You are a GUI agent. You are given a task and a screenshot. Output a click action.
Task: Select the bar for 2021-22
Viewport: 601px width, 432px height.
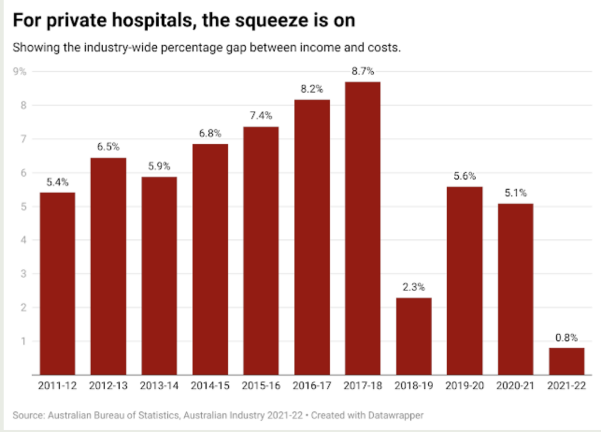point(567,361)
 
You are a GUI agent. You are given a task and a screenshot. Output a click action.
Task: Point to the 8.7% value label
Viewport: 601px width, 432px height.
point(363,72)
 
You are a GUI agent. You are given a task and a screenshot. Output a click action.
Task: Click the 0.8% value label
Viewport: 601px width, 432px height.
point(567,338)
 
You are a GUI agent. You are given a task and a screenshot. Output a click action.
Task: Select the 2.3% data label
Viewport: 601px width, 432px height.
point(414,288)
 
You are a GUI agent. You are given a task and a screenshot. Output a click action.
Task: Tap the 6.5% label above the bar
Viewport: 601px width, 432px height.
point(108,147)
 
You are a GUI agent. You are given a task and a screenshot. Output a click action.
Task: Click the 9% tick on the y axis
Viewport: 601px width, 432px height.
point(21,72)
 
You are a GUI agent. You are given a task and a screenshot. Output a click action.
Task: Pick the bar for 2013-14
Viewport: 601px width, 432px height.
point(159,275)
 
